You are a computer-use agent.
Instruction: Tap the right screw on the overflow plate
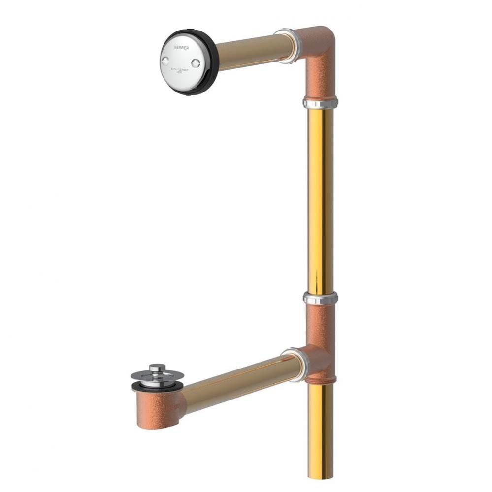196,62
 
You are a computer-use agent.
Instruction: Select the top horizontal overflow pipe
246,52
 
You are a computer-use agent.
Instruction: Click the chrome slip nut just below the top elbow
320,103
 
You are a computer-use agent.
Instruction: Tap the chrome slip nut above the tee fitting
321,298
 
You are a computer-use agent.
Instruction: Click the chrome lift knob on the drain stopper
157,368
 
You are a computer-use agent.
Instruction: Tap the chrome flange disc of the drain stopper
150,378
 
